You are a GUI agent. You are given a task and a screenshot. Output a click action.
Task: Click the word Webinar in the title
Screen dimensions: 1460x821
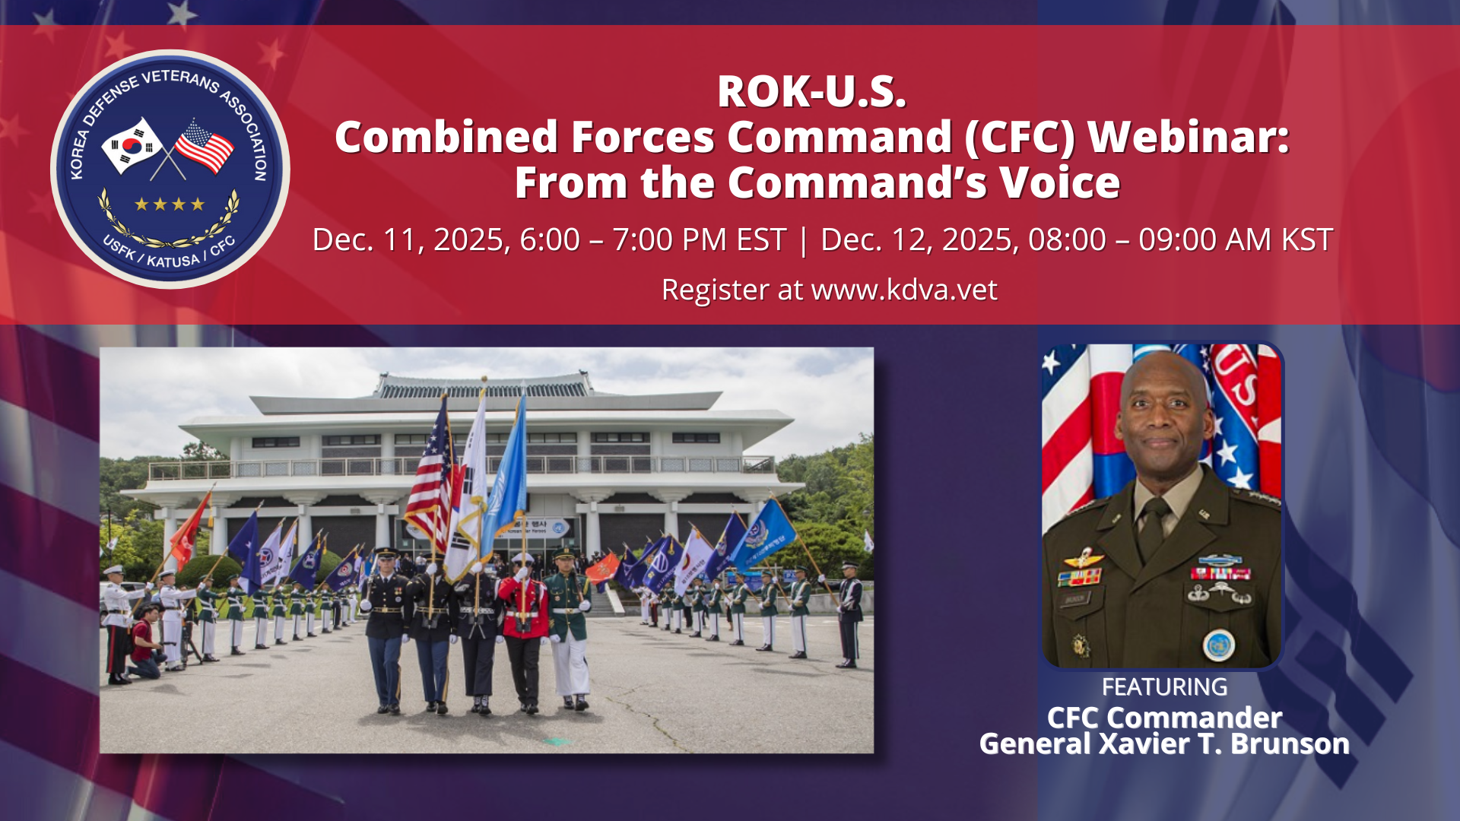[1189, 137]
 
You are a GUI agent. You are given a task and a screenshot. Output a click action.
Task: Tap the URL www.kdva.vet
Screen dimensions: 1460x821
[904, 290]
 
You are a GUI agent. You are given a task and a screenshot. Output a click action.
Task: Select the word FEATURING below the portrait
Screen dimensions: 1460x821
[1164, 686]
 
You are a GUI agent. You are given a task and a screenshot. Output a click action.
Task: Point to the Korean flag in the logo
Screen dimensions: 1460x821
[131, 144]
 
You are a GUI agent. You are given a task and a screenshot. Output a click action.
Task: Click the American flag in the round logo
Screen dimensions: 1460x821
[204, 146]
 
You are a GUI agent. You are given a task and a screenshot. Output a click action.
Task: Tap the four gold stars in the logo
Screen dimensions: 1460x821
[170, 204]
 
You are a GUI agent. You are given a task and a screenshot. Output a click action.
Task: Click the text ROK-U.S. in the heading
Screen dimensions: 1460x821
[811, 91]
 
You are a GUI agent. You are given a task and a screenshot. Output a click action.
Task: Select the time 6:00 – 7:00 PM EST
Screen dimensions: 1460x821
[652, 239]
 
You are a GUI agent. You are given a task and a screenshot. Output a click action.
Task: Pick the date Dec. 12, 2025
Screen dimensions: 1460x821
[919, 239]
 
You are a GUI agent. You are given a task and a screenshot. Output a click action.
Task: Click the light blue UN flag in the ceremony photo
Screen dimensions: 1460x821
[505, 479]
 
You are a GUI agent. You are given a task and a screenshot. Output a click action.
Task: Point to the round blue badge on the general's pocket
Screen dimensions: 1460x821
[1218, 645]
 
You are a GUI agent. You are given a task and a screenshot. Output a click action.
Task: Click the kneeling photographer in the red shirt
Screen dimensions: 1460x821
[146, 643]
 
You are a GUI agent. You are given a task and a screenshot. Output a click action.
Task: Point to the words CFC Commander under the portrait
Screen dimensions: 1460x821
[1164, 717]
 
